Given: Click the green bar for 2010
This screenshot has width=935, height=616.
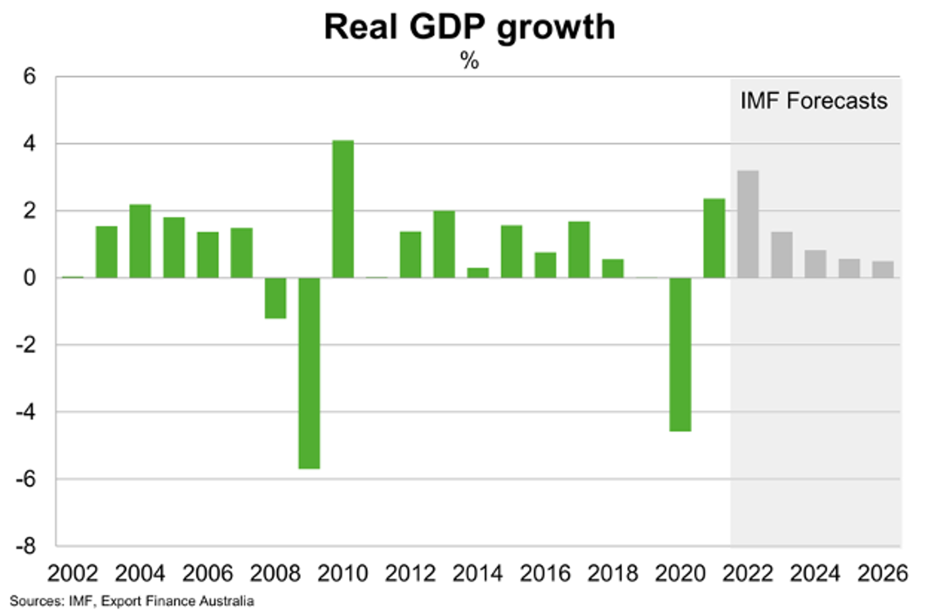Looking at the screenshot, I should coord(343,209).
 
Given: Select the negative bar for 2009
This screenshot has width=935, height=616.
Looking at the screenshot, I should coord(309,373).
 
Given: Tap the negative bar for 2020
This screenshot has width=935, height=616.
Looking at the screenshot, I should coord(680,354).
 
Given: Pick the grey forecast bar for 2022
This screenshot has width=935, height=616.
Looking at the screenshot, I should coord(748,224).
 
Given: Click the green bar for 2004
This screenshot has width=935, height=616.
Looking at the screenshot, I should coord(140,241).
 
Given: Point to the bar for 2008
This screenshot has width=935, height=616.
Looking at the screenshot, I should coord(275,298).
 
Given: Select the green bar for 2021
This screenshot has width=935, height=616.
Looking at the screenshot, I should coord(714,238).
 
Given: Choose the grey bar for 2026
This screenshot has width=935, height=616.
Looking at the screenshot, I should coord(883,269).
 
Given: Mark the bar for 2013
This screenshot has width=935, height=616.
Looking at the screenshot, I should coord(444,244).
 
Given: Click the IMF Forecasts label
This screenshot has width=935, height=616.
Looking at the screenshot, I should coord(814,101).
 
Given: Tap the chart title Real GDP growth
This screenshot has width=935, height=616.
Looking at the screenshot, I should coord(470,27).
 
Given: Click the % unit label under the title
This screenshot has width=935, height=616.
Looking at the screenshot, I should coord(469,60).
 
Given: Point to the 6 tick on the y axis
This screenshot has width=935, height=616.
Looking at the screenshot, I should coord(29,76).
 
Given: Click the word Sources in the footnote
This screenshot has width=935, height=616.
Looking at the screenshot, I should coord(36,601).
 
